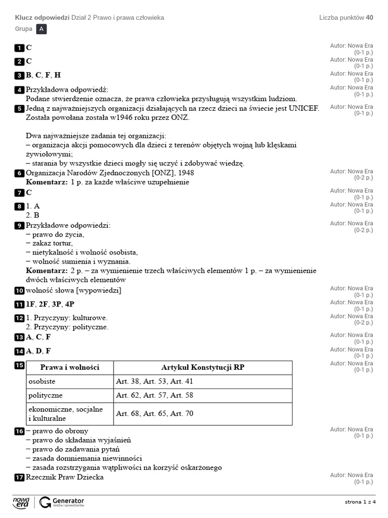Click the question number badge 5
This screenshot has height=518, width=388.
pos(19,109)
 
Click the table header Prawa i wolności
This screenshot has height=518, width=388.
pos(70,367)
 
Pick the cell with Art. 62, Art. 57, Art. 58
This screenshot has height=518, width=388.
pos(155,395)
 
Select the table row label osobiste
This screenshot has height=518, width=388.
pos(42,381)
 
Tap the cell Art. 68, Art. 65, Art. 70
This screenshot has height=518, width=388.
pos(155,413)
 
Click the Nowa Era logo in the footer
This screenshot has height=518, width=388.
pos(21,502)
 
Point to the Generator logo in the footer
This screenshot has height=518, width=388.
pos(62,502)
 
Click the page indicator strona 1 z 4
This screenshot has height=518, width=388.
pos(360,502)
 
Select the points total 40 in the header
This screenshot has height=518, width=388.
pos(370,18)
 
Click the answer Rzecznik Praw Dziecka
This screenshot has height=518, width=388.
pos(65,477)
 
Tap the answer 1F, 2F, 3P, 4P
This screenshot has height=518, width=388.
pos(50,304)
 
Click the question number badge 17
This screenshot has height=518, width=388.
pos(19,478)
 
